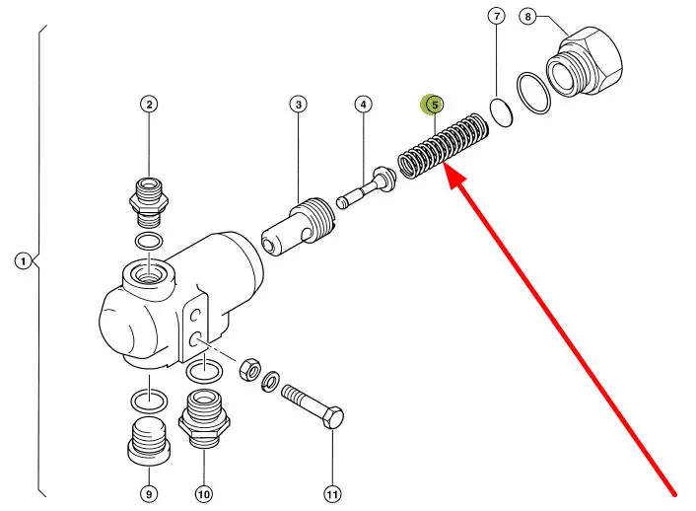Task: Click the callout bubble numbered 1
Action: (x=24, y=260)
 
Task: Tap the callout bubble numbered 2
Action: (x=149, y=105)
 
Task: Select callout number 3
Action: (x=299, y=105)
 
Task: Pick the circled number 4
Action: (x=364, y=105)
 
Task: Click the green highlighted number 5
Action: (x=434, y=105)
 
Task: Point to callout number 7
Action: (x=497, y=17)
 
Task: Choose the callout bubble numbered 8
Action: (x=527, y=17)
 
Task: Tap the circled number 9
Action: (x=149, y=493)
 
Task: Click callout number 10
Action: (x=204, y=493)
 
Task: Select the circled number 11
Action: (x=332, y=493)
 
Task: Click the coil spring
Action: (x=443, y=147)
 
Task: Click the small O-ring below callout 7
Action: (x=501, y=112)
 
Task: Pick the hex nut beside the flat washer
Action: (x=249, y=368)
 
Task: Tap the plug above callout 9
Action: (x=148, y=440)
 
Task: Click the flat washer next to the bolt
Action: (x=270, y=381)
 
